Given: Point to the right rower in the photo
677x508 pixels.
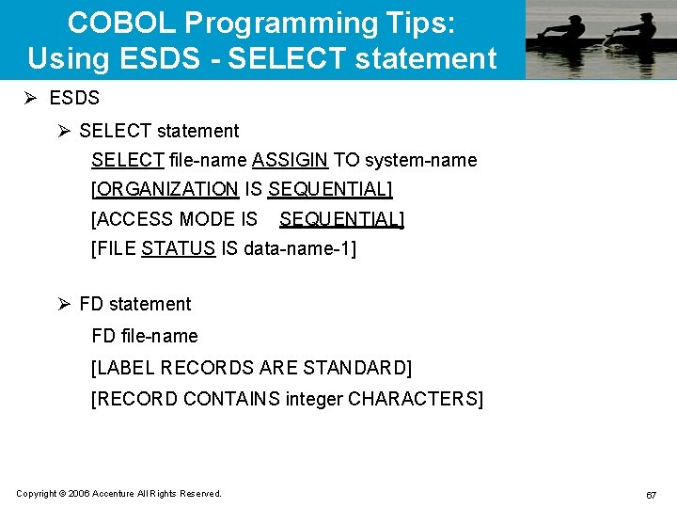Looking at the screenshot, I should (x=638, y=34).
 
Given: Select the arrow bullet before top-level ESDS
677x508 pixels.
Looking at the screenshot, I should (x=34, y=98).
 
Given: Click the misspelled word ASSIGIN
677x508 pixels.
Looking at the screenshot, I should (x=290, y=160).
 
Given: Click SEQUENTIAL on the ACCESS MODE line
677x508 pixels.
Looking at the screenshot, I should (x=340, y=219).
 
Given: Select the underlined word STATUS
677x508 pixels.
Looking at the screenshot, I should (x=178, y=249).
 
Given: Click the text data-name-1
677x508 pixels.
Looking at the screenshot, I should (x=296, y=249).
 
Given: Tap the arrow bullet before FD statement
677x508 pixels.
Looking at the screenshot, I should (x=64, y=304).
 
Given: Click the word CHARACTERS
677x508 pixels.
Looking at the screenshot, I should (x=414, y=399).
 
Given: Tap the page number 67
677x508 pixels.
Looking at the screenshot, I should (x=651, y=495).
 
